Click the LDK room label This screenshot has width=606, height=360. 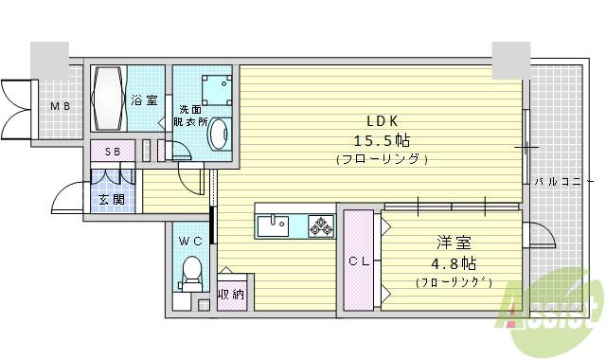pyautogui.click(x=383, y=120)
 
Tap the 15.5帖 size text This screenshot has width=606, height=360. pyautogui.click(x=383, y=140)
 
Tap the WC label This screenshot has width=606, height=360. pyautogui.click(x=191, y=242)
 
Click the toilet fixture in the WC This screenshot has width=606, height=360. pyautogui.click(x=192, y=271)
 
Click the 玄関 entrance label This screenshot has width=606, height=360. pyautogui.click(x=111, y=199)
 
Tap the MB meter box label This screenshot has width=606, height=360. pyautogui.click(x=60, y=106)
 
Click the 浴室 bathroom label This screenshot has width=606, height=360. pyautogui.click(x=143, y=99)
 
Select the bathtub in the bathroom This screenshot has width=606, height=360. pyautogui.click(x=106, y=99)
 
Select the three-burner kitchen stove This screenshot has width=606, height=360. pyautogui.click(x=320, y=225)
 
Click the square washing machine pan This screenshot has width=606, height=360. pyautogui.click(x=215, y=88)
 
